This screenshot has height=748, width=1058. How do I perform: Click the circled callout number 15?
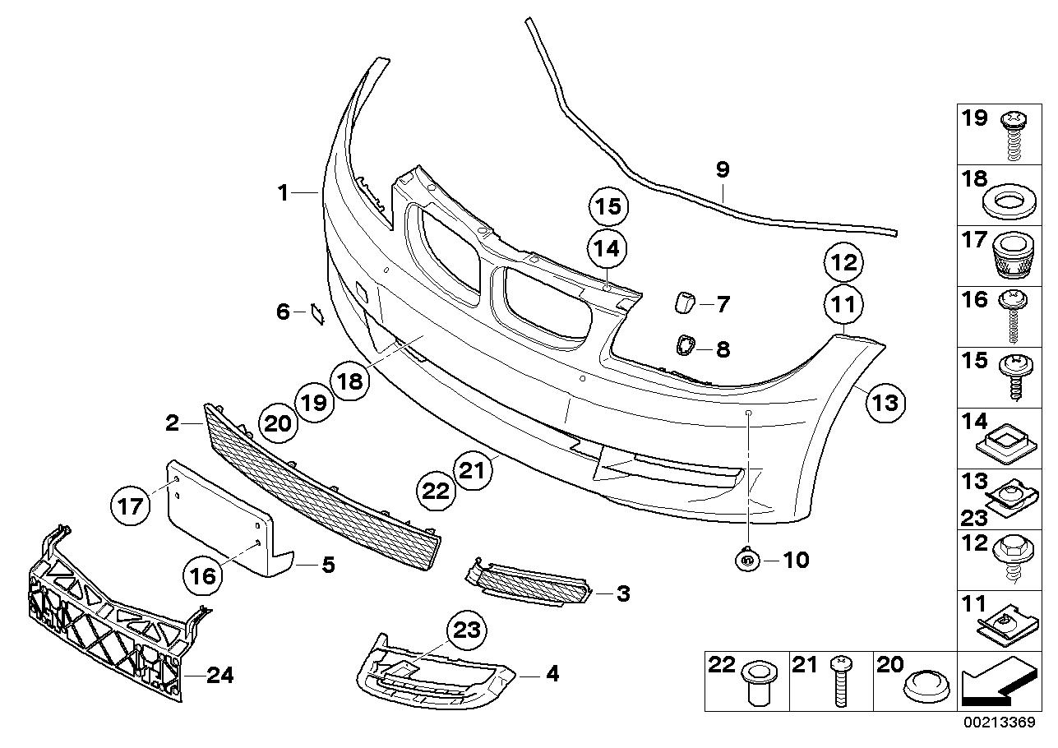tap(608, 207)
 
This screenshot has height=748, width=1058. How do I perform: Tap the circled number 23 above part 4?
tap(466, 631)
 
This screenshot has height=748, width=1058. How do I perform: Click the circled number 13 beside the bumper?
tap(885, 404)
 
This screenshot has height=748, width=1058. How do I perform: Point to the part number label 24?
tap(219, 676)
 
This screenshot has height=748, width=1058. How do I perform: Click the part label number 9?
tap(722, 170)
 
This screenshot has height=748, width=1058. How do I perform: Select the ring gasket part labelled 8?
tap(684, 348)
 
